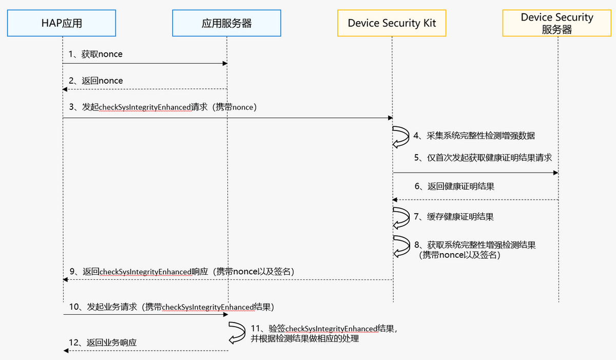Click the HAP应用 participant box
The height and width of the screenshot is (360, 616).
click(x=62, y=23)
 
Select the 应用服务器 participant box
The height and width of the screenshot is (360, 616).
click(x=226, y=23)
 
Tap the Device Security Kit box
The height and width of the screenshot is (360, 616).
click(x=392, y=23)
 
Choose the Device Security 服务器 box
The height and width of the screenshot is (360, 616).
click(x=557, y=23)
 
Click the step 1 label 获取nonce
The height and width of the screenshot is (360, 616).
click(x=96, y=54)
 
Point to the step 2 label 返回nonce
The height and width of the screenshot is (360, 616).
click(x=96, y=81)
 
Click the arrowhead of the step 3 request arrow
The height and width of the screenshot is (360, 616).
click(x=390, y=118)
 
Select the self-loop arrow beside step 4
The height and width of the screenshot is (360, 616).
click(x=399, y=136)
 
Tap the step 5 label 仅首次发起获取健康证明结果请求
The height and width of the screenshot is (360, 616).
click(x=486, y=158)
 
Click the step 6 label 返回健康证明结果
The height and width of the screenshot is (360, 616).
click(x=455, y=186)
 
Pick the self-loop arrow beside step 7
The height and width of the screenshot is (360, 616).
click(x=399, y=217)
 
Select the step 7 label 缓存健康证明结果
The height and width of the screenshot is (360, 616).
click(x=454, y=217)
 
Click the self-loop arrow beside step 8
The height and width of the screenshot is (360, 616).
click(x=399, y=246)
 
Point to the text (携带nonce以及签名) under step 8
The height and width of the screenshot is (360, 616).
click(x=459, y=255)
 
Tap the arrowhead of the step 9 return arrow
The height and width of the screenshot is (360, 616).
click(x=65, y=279)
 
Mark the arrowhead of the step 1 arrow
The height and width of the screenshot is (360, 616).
click(x=224, y=64)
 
